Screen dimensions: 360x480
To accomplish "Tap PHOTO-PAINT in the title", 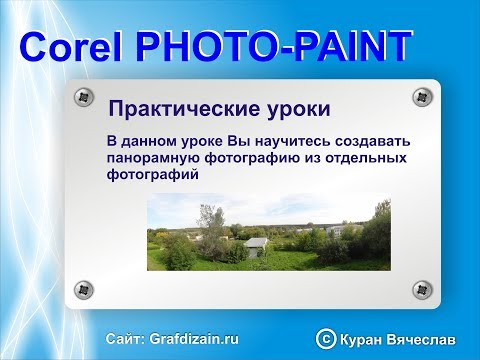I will tap(271, 47).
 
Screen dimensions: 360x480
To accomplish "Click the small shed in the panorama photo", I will tap(258, 245).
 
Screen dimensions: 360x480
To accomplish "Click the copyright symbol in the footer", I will tap(325, 339).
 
